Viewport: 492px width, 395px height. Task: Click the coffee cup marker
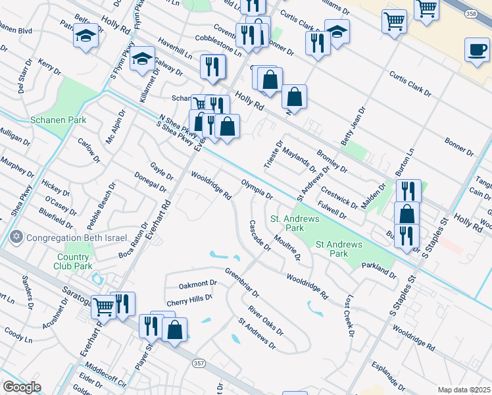point(477,49)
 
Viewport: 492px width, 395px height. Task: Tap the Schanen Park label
point(49,120)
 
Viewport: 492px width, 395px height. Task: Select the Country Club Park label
point(74,261)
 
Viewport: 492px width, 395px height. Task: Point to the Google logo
point(22,387)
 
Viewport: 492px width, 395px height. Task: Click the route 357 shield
point(199,363)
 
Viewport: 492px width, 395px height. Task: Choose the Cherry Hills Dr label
point(189,298)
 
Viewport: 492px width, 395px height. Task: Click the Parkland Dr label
point(379,271)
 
